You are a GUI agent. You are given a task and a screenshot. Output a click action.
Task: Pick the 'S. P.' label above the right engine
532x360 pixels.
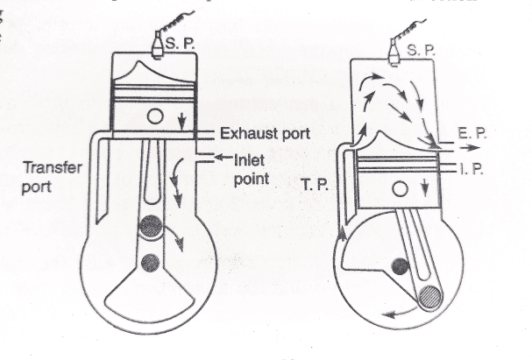422,51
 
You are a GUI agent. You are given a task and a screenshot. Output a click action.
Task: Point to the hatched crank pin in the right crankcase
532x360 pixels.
434,300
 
